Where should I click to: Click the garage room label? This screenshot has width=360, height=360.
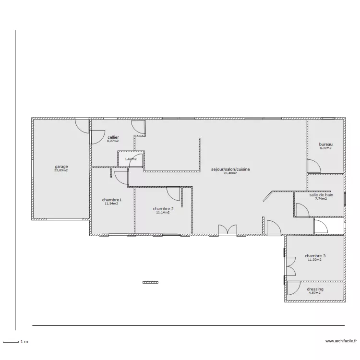tap(61, 167)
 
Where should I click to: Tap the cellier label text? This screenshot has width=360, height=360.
tap(113, 137)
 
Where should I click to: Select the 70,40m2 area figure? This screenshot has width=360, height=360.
tap(230, 173)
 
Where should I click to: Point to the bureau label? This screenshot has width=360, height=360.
tap(325, 144)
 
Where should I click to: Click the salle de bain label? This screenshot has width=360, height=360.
tap(321, 195)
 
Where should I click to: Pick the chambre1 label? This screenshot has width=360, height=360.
tap(111, 200)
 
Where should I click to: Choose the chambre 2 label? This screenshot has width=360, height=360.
tap(163, 209)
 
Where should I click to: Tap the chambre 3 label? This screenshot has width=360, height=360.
tap(315, 256)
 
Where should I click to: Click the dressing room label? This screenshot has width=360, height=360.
tap(315, 289)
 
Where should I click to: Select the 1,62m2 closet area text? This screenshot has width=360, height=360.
tap(131, 159)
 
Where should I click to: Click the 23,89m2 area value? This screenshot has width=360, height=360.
tap(61, 170)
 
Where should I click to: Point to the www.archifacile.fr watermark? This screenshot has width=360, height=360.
tap(341, 341)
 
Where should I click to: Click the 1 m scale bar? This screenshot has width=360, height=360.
tap(11, 342)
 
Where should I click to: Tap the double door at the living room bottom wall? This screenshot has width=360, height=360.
tap(228, 229)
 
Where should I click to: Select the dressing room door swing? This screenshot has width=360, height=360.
tap(294, 288)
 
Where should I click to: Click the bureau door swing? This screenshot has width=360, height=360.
tap(314, 166)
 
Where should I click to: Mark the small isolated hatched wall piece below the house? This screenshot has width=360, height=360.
tap(150, 282)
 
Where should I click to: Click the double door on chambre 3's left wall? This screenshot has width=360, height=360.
tap(290, 266)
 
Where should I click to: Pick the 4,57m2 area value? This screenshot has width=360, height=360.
tap(315, 293)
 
